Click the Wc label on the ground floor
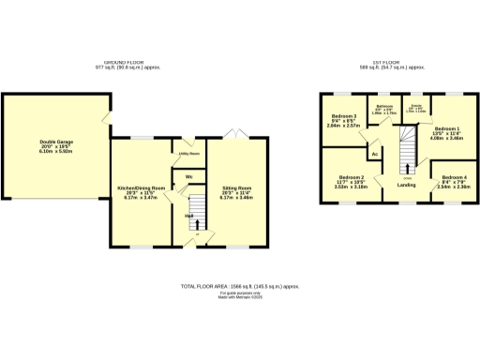coord(188,176)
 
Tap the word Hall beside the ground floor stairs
coord(188,217)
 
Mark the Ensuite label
coord(415,107)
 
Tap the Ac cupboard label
coord(374,153)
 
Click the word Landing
coord(407,185)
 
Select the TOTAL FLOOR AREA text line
coord(240,285)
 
